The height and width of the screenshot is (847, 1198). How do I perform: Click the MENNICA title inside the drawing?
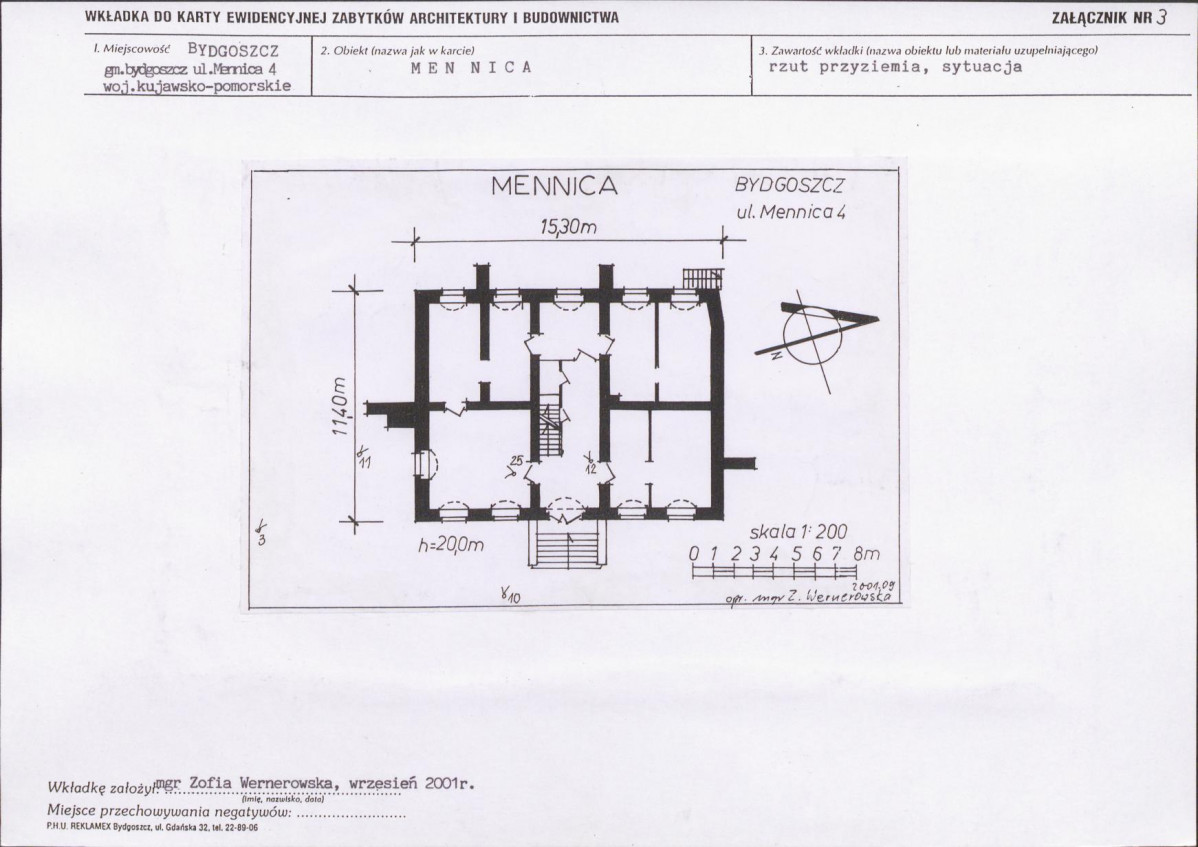click(554, 187)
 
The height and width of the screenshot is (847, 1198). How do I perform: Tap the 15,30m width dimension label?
click(568, 228)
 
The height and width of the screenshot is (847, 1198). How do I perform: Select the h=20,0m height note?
click(451, 544)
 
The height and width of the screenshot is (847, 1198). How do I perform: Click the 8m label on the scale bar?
click(866, 553)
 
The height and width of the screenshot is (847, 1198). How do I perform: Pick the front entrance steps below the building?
click(566, 548)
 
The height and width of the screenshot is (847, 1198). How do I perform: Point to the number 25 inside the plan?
click(516, 460)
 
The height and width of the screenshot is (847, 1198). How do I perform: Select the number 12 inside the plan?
click(591, 466)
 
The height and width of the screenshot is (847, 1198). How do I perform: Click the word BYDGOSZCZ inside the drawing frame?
click(790, 186)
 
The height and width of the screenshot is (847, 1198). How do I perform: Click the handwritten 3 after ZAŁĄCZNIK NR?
click(1160, 16)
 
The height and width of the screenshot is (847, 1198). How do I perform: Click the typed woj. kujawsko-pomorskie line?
click(197, 86)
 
